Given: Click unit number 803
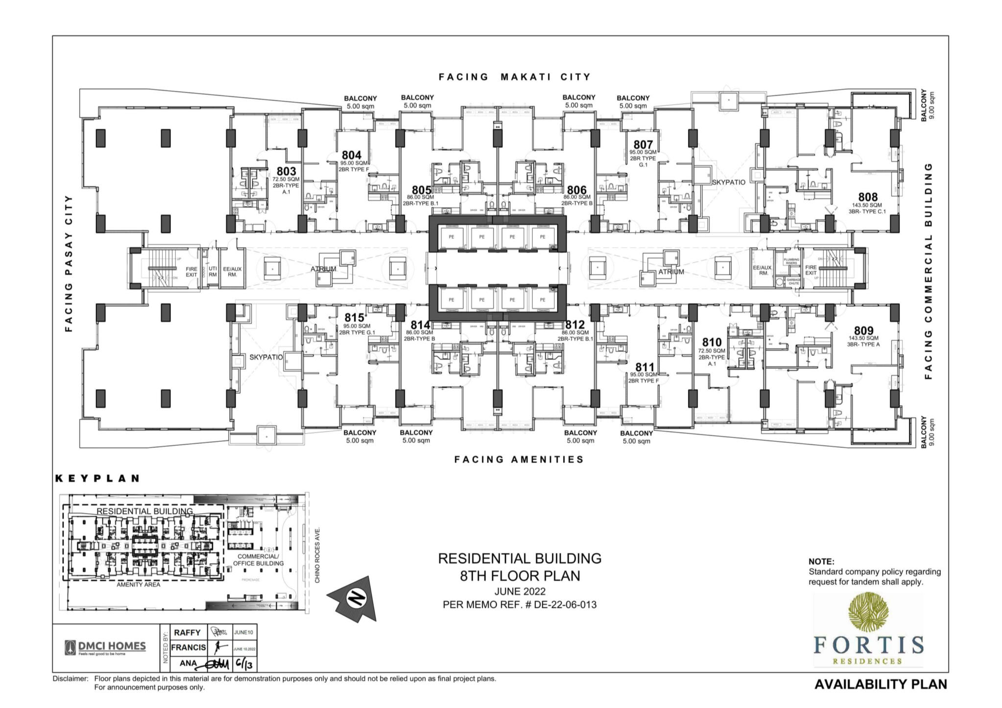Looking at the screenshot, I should pyautogui.click(x=286, y=171).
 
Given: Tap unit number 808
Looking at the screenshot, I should pyautogui.click(x=867, y=198).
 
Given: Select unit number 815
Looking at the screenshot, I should pyautogui.click(x=354, y=318).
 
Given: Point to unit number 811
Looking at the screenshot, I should pyautogui.click(x=644, y=367).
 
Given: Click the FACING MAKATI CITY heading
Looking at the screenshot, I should pyautogui.click(x=514, y=77).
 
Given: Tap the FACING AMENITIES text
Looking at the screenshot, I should pyautogui.click(x=519, y=459).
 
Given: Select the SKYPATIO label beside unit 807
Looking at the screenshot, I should pyautogui.click(x=728, y=182).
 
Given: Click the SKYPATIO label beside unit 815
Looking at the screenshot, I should pyautogui.click(x=266, y=357).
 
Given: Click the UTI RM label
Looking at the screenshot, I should pyautogui.click(x=213, y=272).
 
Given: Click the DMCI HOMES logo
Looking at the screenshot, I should pyautogui.click(x=105, y=647).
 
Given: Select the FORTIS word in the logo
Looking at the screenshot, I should pyautogui.click(x=868, y=645).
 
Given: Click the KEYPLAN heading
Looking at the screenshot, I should pyautogui.click(x=98, y=479).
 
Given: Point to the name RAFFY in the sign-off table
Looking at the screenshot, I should pyautogui.click(x=187, y=633).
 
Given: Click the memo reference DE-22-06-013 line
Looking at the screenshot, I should pyautogui.click(x=519, y=605).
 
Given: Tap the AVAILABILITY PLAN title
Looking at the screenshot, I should pyautogui.click(x=880, y=684).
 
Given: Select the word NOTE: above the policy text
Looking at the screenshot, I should pyautogui.click(x=821, y=562).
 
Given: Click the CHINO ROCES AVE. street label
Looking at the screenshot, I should pyautogui.click(x=317, y=555).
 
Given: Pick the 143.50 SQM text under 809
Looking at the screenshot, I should pyautogui.click(x=863, y=338).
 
